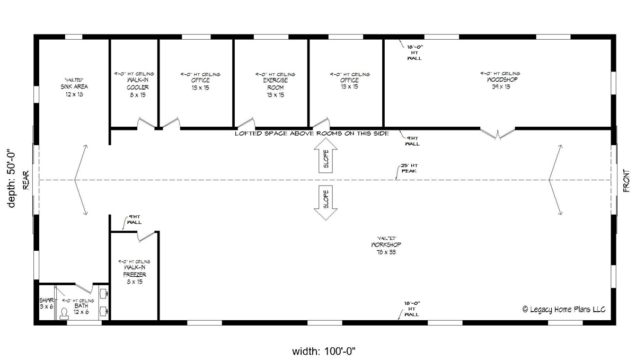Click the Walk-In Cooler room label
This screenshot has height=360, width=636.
pos(134,87)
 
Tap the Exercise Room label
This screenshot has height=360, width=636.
pos(275,87)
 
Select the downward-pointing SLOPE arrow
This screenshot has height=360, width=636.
pos(325,203)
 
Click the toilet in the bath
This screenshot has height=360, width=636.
pos(65,313)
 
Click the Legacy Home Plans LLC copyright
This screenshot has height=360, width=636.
pos(563,310)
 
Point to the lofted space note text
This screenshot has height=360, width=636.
pos(312,134)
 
